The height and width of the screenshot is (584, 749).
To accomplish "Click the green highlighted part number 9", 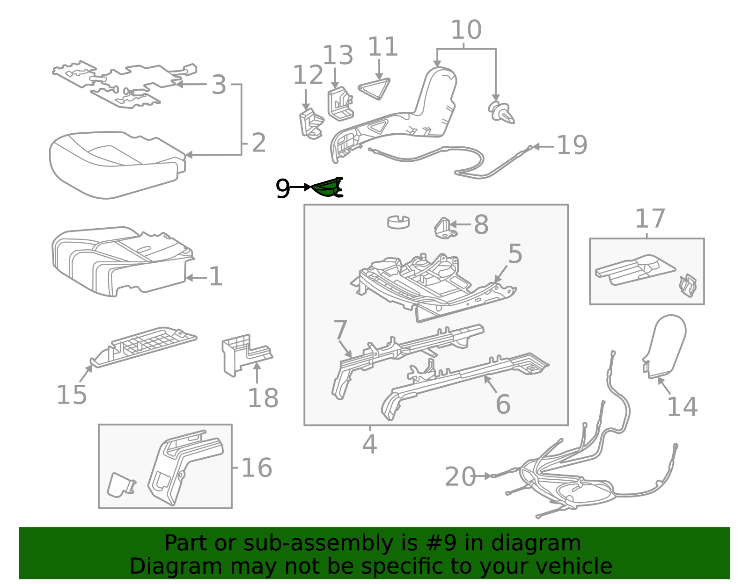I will coord(327,188).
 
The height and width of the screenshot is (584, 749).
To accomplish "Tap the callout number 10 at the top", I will coord(466,30).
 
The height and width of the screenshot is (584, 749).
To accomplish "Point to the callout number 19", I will coord(572,145).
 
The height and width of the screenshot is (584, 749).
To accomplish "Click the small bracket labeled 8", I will coord(445,228).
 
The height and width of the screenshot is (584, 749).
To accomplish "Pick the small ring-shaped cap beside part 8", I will coord(398,221).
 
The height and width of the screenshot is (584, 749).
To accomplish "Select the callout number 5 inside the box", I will coord(515,254).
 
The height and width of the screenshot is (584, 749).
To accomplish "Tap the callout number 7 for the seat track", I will coord(340,330).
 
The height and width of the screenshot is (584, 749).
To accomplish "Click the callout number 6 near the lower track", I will coord(503,404).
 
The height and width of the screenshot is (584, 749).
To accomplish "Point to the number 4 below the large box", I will coord(369,444).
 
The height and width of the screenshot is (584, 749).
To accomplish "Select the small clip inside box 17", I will coord(687,285).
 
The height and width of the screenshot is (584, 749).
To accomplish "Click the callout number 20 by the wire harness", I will coord(460,477).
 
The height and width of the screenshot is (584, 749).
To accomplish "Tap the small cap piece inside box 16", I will coord(121,485).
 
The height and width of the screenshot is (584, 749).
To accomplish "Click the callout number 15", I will coord(72,395).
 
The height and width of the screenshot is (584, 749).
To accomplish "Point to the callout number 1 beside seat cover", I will coord(215,277).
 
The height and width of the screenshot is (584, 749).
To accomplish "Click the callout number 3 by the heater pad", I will coord(219,85).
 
